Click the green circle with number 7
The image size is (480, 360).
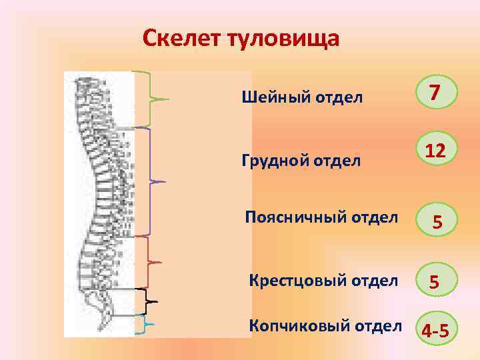pyautogui.click(x=434, y=93)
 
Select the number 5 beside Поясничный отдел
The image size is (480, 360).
pyautogui.click(x=436, y=221)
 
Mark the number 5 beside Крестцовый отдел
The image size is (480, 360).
pyautogui.click(x=434, y=283)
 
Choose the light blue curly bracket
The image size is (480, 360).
pyautogui.click(x=148, y=325)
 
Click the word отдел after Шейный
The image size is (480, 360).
pyautogui.click(x=342, y=98)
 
